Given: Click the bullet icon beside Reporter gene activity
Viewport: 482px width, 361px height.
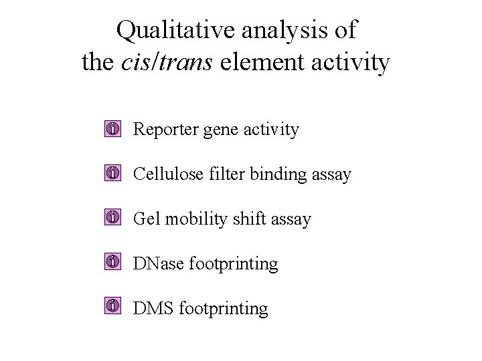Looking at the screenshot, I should [x=113, y=129].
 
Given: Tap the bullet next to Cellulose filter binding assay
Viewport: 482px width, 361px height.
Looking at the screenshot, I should [x=113, y=174].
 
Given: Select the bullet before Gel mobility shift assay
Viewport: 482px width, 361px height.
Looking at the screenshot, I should [x=113, y=218].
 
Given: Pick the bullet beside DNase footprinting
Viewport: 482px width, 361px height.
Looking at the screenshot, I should [x=113, y=263].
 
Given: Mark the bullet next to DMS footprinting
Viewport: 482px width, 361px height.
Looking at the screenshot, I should [x=113, y=307].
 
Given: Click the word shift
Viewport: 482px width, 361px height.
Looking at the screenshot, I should [x=251, y=219].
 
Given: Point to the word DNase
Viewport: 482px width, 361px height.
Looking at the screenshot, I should [x=159, y=263].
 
